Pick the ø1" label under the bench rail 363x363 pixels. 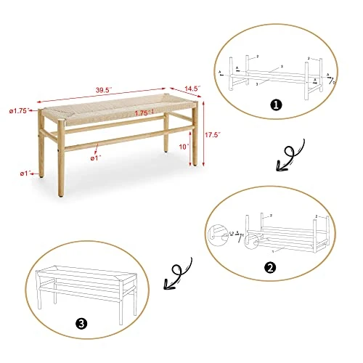96,157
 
